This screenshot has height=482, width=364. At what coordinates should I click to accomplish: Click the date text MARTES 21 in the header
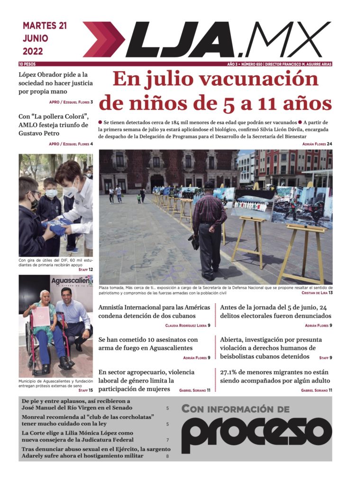45,26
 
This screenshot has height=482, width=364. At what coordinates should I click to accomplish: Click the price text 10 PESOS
27,64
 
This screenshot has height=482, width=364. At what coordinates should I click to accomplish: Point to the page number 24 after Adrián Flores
329,144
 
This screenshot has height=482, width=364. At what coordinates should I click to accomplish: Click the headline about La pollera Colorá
54,125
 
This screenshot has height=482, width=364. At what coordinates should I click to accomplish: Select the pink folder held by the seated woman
41,316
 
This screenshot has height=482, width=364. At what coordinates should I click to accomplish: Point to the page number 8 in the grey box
167,456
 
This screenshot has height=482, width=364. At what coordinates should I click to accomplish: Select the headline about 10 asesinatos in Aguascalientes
148,344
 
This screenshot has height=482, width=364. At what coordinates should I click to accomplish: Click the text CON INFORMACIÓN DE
235,409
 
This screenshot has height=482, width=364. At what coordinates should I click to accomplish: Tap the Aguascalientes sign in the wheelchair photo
71,282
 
